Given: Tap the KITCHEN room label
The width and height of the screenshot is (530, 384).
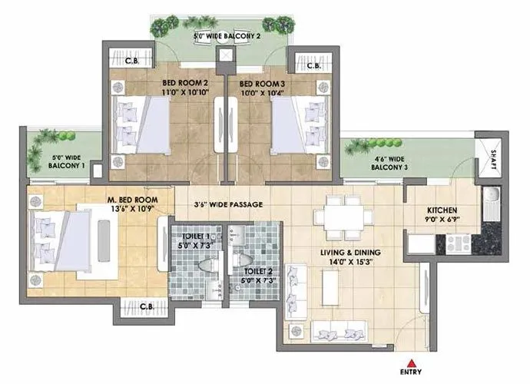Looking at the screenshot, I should coord(442,210).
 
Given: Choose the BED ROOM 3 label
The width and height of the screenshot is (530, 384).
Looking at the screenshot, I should coord(263,83).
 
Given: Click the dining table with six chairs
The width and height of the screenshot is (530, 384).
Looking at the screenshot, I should coord(343,217).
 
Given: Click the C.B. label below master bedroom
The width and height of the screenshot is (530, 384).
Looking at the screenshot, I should coord(146,306).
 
